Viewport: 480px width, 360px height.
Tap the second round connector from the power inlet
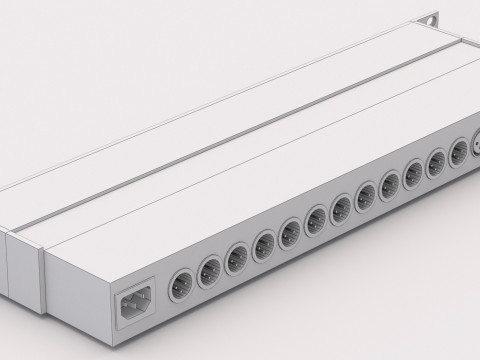coord(211,269)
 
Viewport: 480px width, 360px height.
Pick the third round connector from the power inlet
coord(237,256)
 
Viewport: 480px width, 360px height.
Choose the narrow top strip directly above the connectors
coord(300,170)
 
